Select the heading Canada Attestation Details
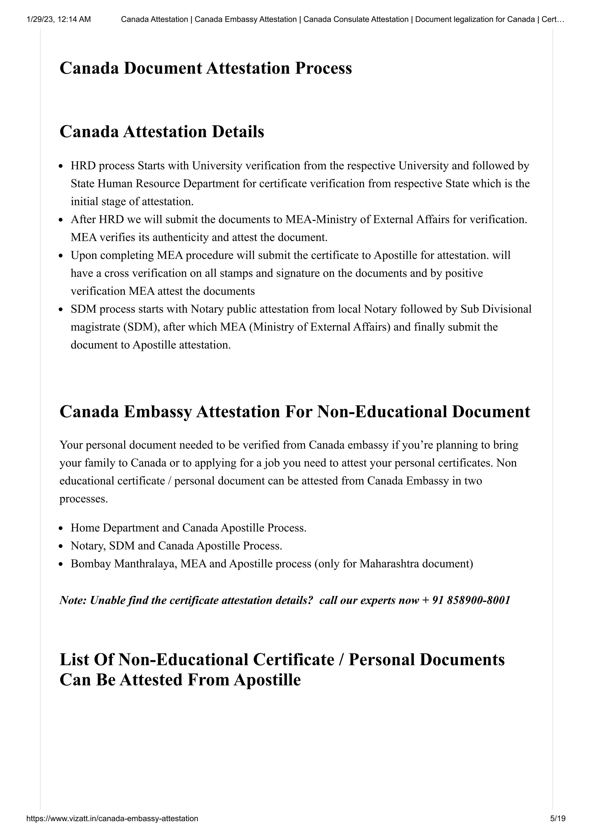pos(162,132)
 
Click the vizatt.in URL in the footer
pos(112,828)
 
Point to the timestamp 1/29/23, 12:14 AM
pos(59,19)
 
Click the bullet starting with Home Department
pos(188,528)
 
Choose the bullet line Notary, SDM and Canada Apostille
pos(176,546)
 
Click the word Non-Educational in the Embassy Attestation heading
pos(382,412)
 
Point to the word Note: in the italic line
pos(73,600)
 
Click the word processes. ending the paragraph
pos(84,499)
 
